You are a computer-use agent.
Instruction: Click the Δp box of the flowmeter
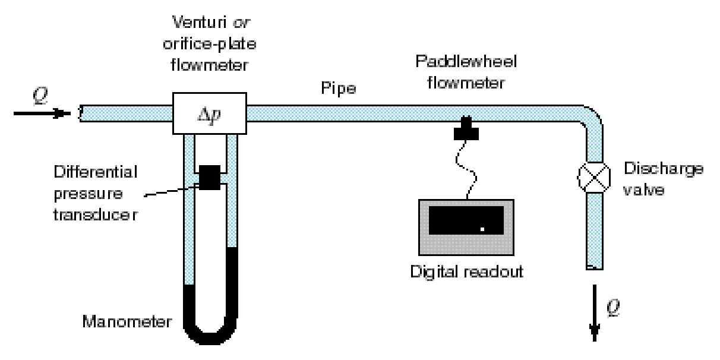coord(209,113)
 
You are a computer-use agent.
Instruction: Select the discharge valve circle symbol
coord(595,176)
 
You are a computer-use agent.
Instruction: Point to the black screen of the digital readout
coord(466,218)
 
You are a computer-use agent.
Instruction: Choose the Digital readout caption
coord(467,272)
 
